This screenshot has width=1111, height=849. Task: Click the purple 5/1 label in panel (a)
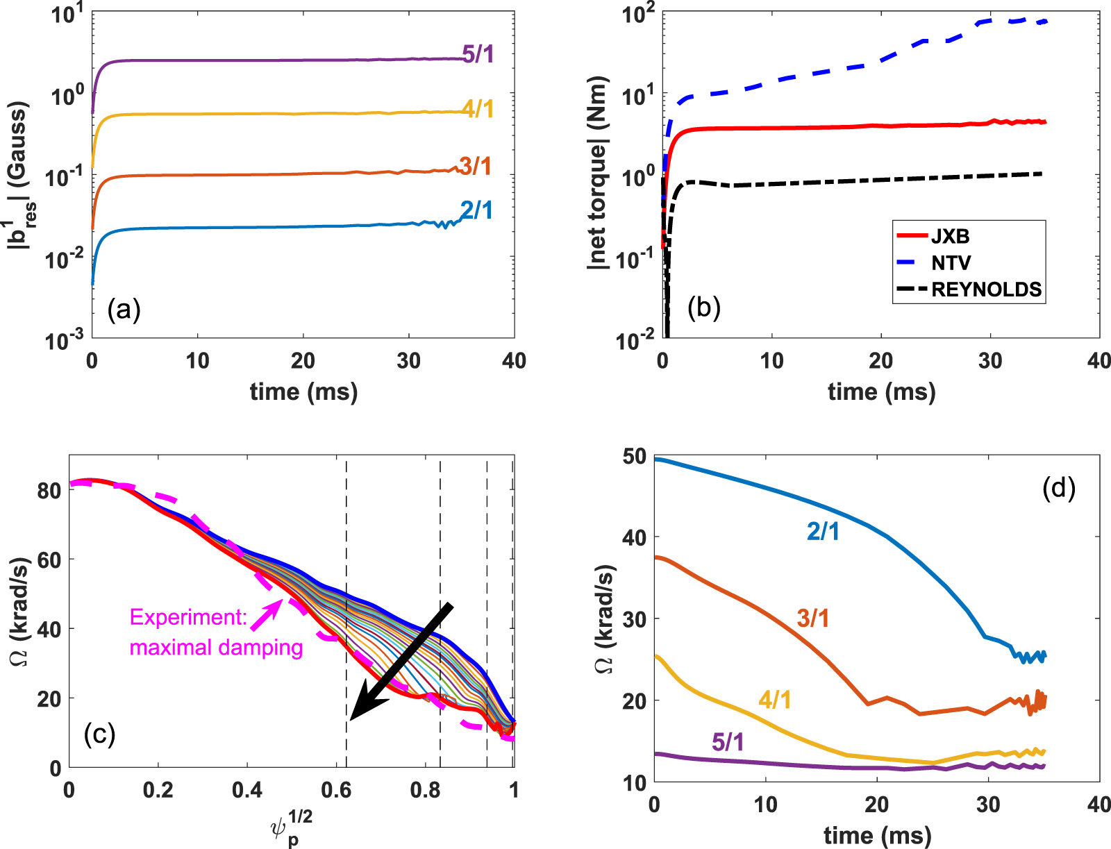click(x=478, y=53)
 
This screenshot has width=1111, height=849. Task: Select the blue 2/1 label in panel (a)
click(x=476, y=210)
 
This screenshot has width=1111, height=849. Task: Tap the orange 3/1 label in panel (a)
click(x=476, y=166)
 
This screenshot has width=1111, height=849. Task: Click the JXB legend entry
click(x=949, y=236)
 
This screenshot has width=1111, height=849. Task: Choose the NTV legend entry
click(x=951, y=262)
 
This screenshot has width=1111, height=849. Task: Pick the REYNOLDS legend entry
click(x=986, y=289)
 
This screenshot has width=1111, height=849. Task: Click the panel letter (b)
click(x=703, y=308)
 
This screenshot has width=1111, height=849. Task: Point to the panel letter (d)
click(x=1059, y=489)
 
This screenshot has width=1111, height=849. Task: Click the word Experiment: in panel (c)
click(x=188, y=617)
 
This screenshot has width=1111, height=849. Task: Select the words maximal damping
click(x=216, y=648)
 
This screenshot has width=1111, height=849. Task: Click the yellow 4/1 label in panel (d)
click(x=775, y=699)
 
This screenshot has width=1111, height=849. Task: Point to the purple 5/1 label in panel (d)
click(x=728, y=742)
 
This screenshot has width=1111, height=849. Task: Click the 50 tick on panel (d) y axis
click(x=634, y=456)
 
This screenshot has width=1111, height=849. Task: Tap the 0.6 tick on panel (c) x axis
click(x=336, y=791)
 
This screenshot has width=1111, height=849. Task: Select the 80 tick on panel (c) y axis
click(x=49, y=490)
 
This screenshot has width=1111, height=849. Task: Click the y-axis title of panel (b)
click(x=597, y=174)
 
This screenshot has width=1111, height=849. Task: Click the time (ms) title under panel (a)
click(x=303, y=392)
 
